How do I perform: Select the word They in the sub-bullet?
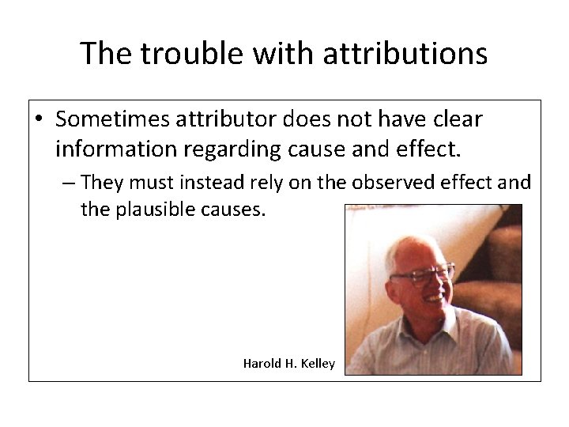coord(100,183)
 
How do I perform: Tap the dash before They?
coord(69,183)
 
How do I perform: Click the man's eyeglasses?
coord(423,276)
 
